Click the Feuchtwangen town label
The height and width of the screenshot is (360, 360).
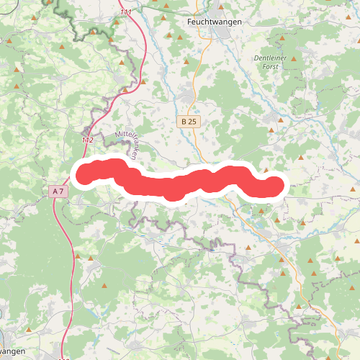[x=214, y=22]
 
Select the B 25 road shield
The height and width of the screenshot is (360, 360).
[x=189, y=122]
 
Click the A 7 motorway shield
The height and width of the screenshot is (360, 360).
[x=58, y=191]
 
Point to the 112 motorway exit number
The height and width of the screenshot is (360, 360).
[x=88, y=139]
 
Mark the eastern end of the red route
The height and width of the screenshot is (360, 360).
[x=275, y=186]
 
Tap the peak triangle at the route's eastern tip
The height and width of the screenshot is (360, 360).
[x=267, y=171]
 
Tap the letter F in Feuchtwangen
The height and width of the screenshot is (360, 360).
[x=189, y=22]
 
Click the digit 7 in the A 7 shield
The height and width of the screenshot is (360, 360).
[x=63, y=191]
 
